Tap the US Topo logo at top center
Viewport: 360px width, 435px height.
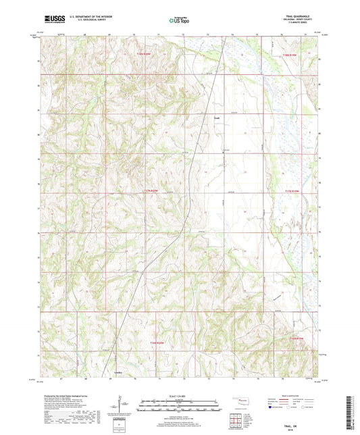point(180,20)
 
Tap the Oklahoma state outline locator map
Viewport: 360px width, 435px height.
point(245,401)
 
